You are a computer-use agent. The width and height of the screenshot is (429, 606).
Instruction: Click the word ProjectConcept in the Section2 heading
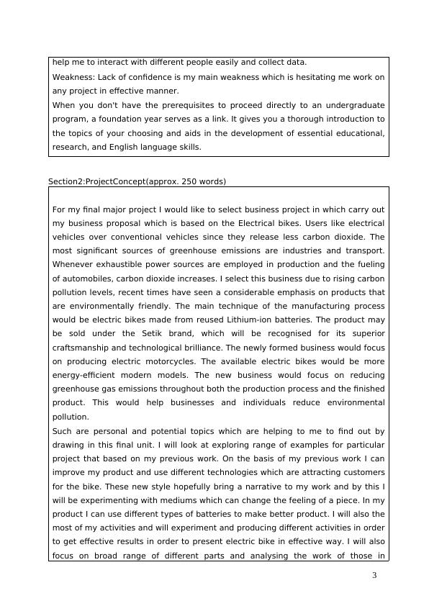tap(113, 181)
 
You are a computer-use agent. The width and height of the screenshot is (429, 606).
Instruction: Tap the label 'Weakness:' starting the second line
tap(73, 78)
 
